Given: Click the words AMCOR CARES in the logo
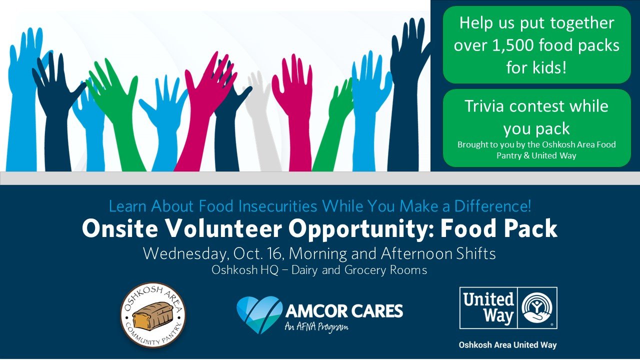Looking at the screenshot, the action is point(344,311).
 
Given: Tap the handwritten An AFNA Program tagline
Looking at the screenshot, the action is point(316,326).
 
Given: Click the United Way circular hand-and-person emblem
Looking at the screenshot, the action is point(537,308).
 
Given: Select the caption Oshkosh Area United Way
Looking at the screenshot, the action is point(507,345).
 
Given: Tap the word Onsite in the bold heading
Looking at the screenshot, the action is point(119,228).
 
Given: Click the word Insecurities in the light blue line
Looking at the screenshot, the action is point(277,205).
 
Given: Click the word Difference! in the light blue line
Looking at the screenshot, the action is point(493,205).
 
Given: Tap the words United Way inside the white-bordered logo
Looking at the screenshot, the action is point(489,308).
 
